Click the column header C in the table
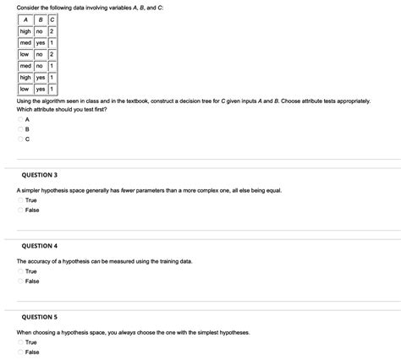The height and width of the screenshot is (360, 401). point(52,20)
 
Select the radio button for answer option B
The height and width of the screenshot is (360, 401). point(19,131)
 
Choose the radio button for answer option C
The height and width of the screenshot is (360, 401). point(19,141)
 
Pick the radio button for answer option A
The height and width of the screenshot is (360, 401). point(19,120)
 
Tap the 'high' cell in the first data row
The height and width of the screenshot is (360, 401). point(25,31)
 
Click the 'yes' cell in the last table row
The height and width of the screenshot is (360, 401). point(41,88)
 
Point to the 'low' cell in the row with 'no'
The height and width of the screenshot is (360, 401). point(25,54)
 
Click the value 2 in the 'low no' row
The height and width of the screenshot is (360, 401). point(52,54)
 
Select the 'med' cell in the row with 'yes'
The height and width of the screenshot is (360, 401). point(25,43)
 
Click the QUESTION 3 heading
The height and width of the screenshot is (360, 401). point(40,176)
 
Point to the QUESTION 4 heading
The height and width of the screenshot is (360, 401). point(40,245)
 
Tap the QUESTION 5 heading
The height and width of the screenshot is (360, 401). point(40,317)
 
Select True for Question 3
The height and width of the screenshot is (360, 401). point(19,200)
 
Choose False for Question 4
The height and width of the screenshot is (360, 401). point(19,281)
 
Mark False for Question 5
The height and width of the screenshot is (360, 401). point(19,352)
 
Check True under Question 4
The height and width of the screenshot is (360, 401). point(19,271)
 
